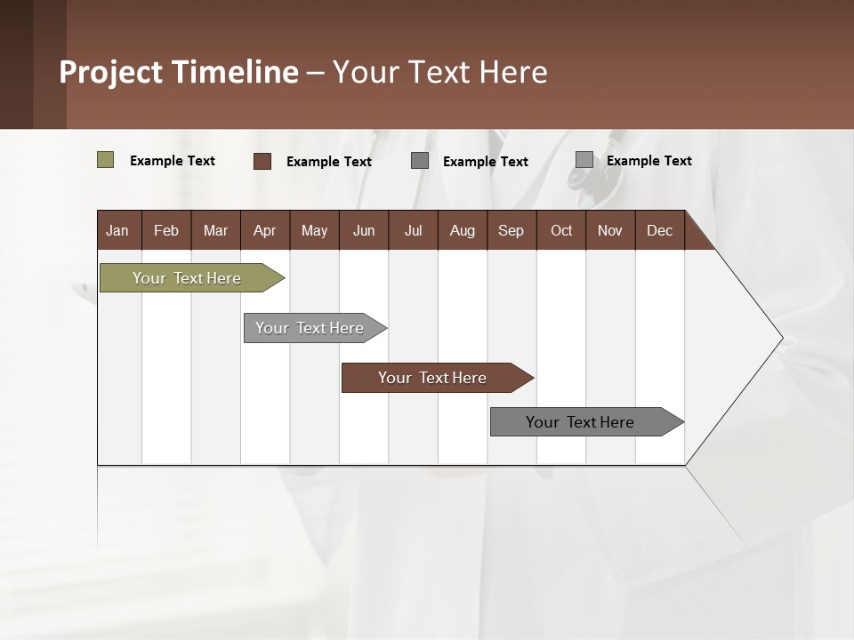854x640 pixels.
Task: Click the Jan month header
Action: coord(118,230)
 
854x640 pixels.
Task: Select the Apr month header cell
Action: coord(265,230)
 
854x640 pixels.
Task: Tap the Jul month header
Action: coord(413,230)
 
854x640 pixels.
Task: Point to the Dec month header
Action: coord(659,230)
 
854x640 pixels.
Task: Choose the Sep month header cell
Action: coord(511,230)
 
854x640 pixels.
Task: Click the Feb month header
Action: coord(166,230)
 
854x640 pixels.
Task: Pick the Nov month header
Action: coord(610,230)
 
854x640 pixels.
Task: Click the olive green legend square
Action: coord(105,160)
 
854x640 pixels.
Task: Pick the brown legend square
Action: coord(262,161)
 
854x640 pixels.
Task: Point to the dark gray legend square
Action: coord(420,161)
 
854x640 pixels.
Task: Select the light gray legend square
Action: coord(584,160)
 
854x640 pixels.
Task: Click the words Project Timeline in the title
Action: coord(179,72)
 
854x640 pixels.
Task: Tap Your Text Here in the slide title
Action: coord(439,72)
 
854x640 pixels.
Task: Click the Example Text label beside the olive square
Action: coord(173,161)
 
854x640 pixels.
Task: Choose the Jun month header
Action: coord(364,230)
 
